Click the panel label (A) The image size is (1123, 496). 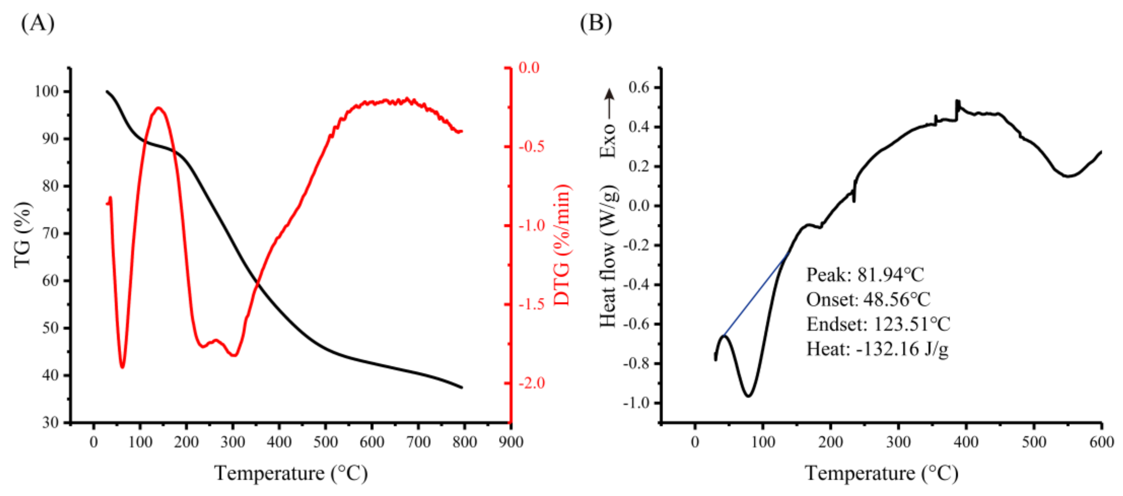tap(38, 23)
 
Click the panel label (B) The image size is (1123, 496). tap(595, 23)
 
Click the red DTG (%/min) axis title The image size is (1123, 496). tap(562, 245)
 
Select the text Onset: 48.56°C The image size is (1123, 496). tap(868, 300)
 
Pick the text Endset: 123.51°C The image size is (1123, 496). tap(878, 324)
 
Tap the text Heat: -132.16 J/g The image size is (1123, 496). tap(877, 349)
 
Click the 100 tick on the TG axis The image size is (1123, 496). tap(46, 92)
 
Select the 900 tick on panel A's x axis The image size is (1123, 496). tap(511, 442)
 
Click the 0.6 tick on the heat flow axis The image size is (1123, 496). tap(639, 87)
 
